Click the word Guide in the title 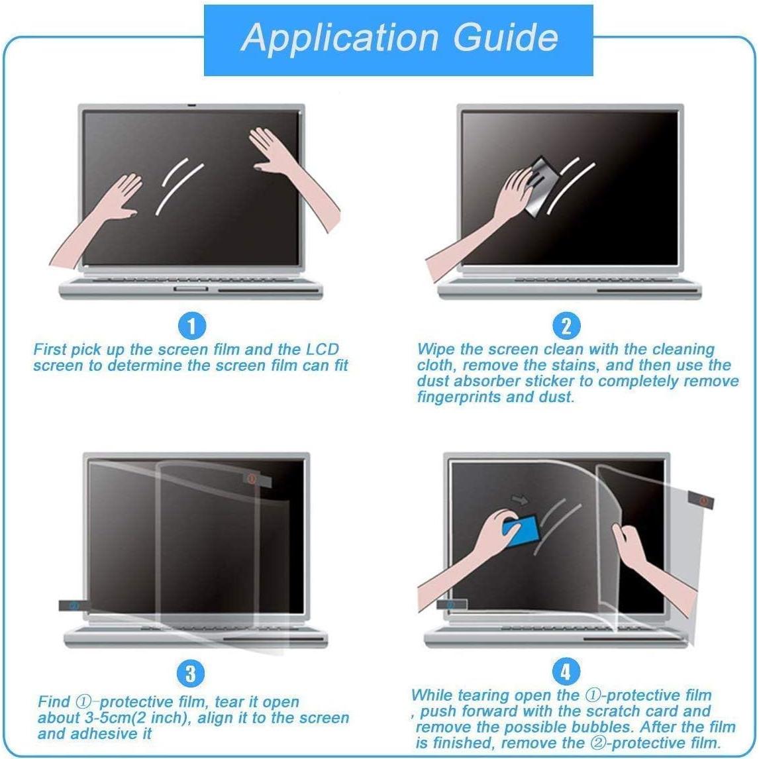(505, 38)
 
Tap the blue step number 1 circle (192, 326)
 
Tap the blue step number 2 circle (565, 326)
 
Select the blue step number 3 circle (190, 674)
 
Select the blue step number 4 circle (565, 672)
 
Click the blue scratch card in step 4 (521, 527)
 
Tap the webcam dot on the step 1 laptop (191, 106)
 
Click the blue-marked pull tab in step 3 (72, 605)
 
